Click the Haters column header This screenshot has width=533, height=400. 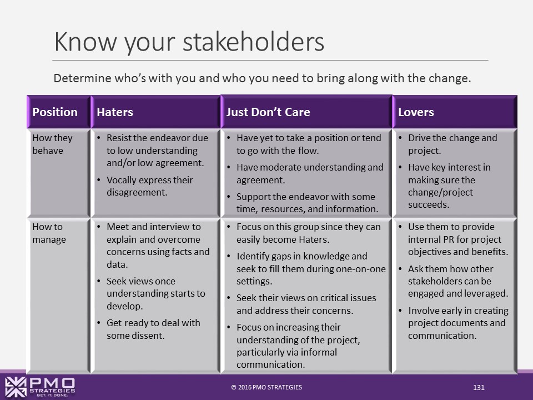[115, 112]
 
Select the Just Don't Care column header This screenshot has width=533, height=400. [268, 112]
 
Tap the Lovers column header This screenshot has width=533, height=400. [416, 112]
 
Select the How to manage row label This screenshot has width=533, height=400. [49, 233]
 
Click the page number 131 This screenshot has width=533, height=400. [479, 387]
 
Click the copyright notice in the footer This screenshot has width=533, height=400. [266, 387]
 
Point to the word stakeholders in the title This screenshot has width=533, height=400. [254, 42]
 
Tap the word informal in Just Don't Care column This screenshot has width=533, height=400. [318, 352]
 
